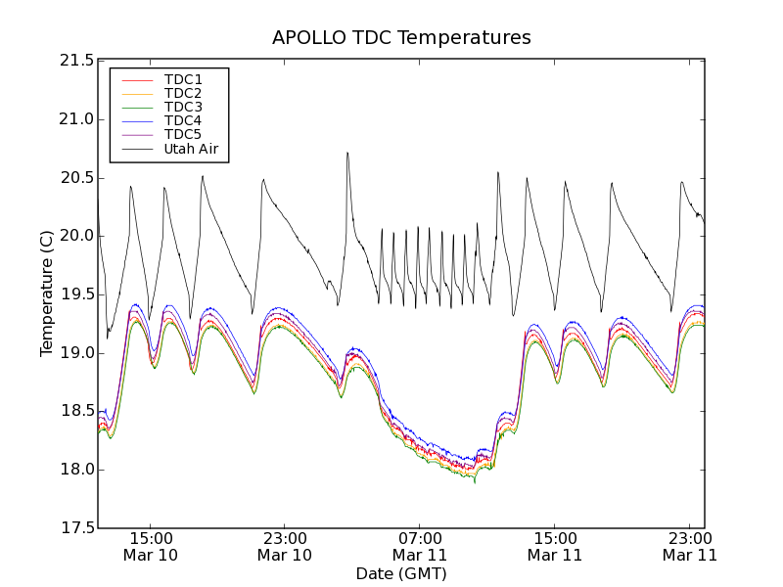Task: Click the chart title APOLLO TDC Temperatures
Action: (401, 38)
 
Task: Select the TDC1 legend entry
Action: (183, 79)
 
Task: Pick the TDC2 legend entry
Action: (183, 93)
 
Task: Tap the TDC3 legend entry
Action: (183, 107)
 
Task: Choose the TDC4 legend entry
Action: (183, 120)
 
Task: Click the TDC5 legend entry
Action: (183, 134)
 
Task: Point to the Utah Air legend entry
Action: (190, 149)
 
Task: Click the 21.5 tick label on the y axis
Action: (75, 61)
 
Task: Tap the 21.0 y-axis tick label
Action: (75, 119)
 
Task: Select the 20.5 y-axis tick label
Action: (75, 178)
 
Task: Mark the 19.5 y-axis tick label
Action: (75, 294)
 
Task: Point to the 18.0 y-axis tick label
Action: (75, 470)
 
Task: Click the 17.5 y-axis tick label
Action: (75, 528)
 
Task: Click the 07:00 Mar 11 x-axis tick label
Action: (420, 546)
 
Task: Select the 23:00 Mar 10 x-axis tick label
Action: (285, 546)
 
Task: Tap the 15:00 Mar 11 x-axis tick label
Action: (555, 546)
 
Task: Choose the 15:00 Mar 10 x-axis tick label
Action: (150, 546)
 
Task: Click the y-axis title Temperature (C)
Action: (47, 293)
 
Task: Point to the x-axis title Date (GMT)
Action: (401, 573)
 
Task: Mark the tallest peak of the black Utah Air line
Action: (346, 153)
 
